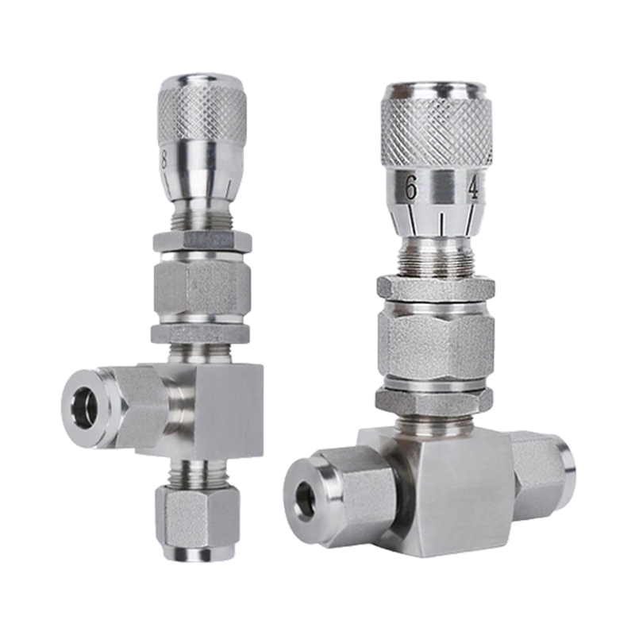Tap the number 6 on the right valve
point(410,188)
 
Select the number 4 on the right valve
point(473,188)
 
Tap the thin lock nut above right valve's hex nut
point(436,287)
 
